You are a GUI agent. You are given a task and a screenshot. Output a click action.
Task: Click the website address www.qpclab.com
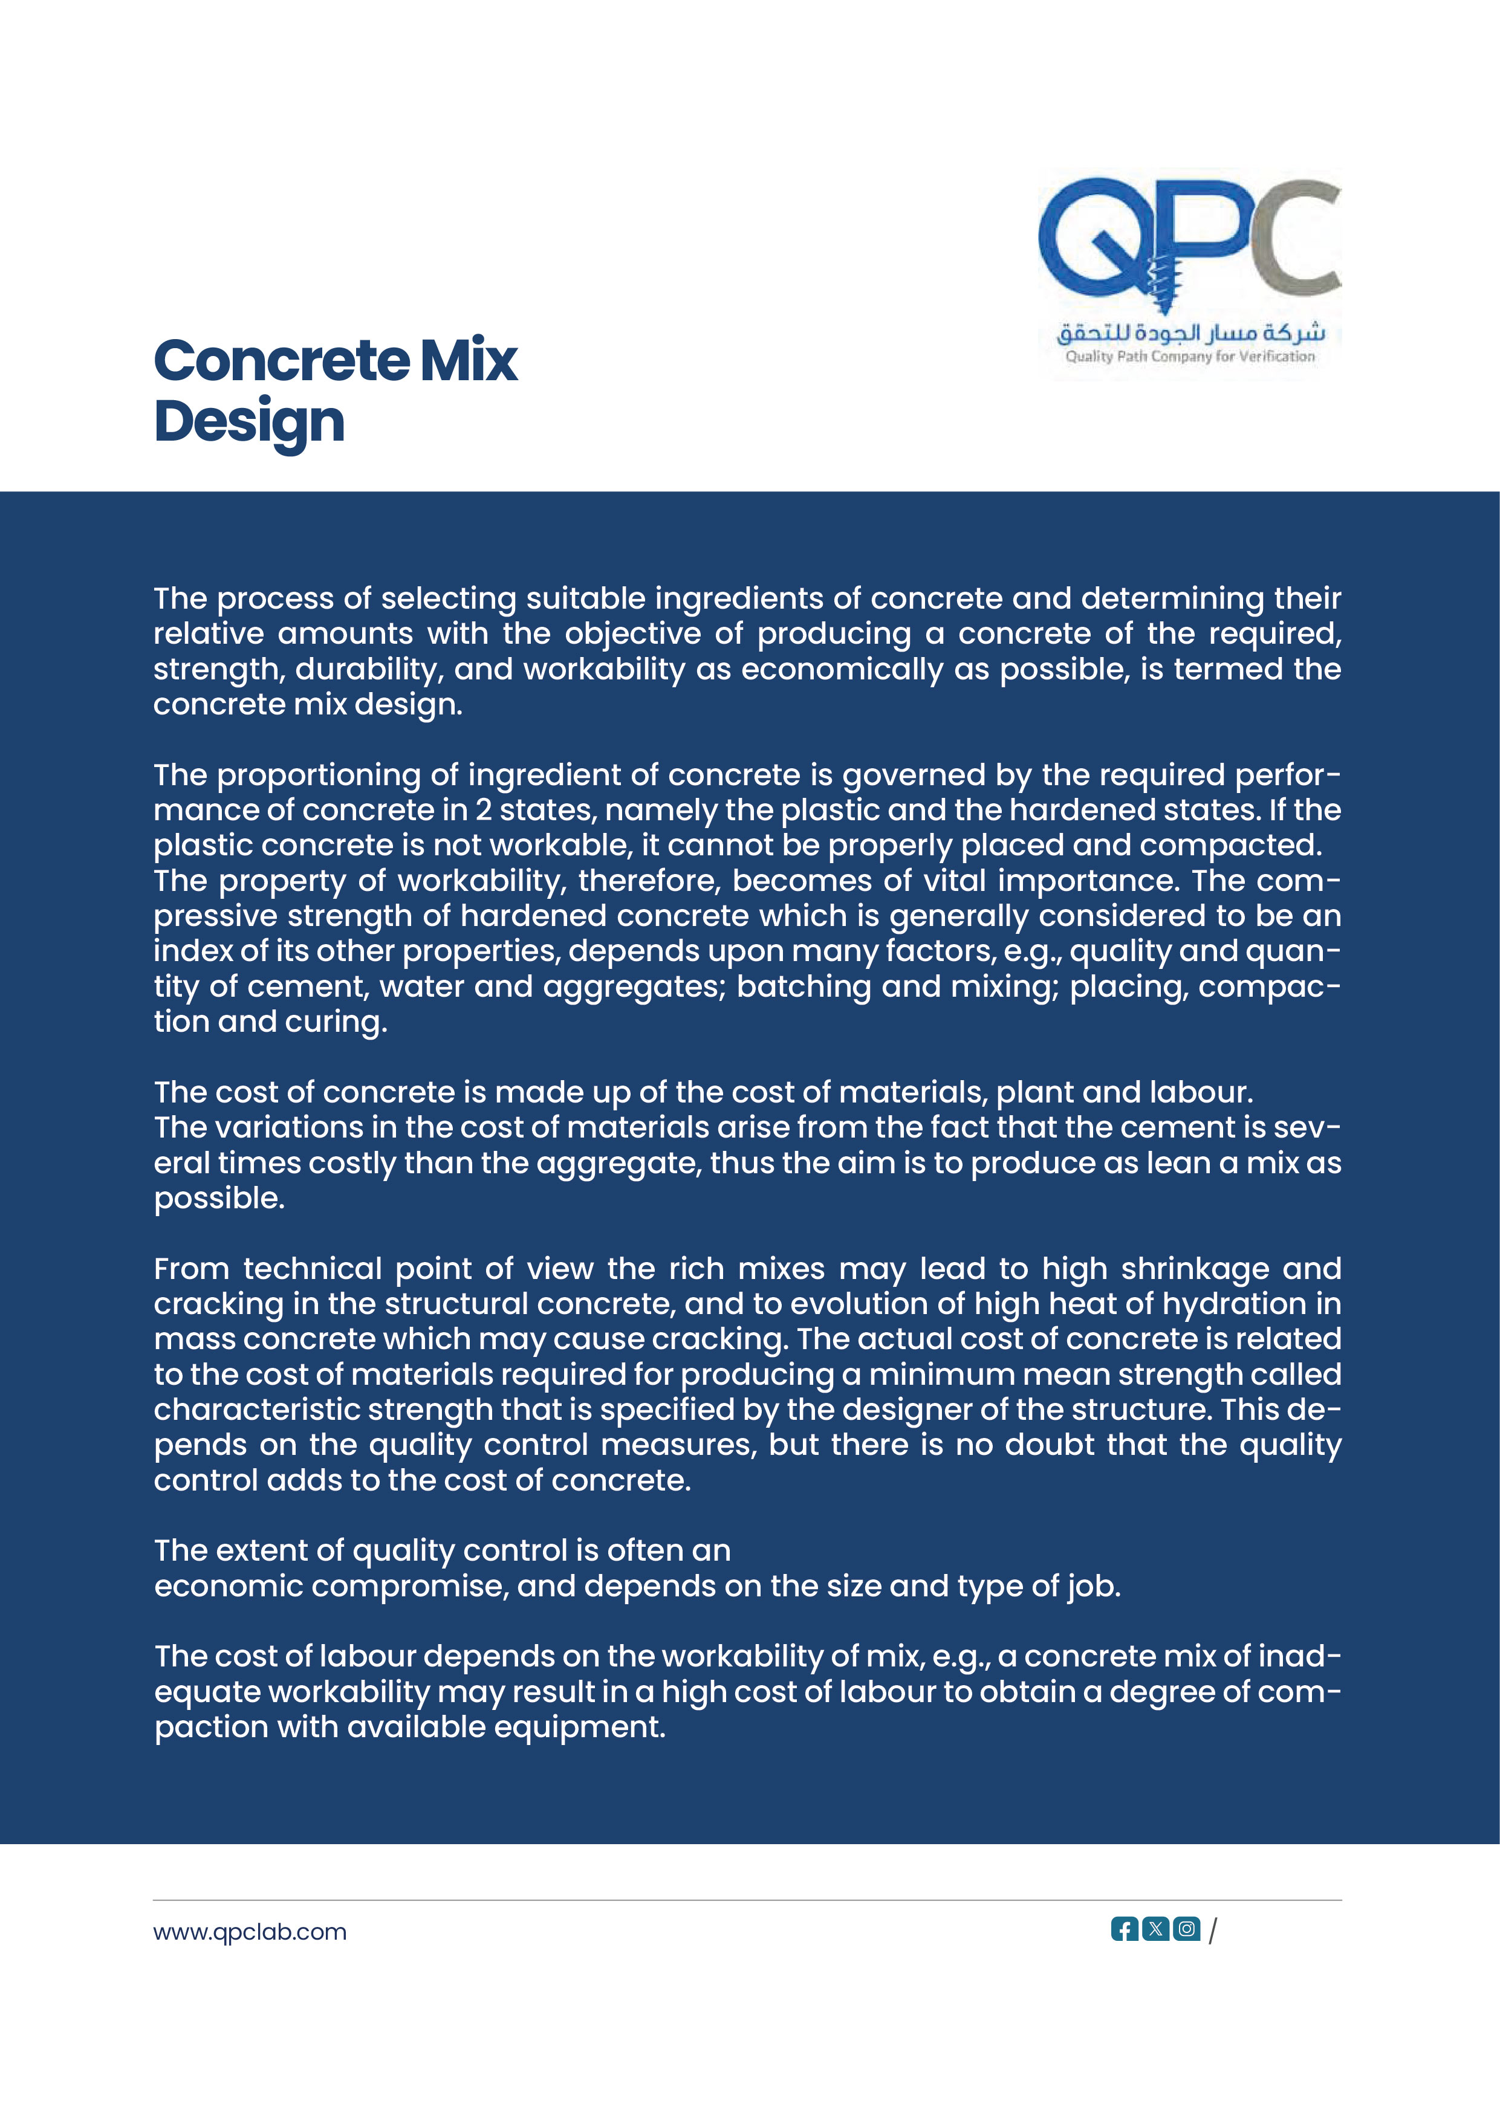[x=250, y=1932]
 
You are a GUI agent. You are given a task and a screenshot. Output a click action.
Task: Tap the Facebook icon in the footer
[x=1124, y=1929]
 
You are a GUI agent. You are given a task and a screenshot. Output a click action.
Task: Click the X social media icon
[x=1155, y=1929]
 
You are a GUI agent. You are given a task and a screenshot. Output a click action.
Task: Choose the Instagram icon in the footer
[x=1187, y=1929]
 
